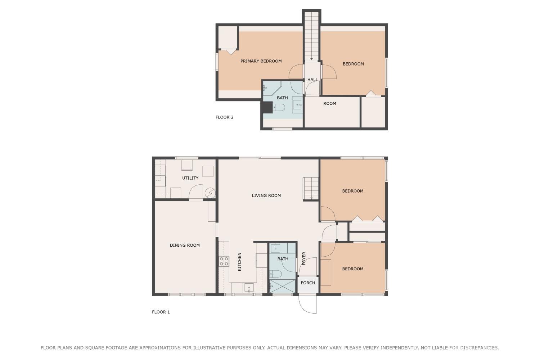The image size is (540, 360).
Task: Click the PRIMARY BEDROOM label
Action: pos(261,61)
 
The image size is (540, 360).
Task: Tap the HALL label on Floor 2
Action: pos(312,80)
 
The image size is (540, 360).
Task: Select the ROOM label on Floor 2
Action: pos(329,104)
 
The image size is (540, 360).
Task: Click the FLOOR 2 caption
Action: pos(224,117)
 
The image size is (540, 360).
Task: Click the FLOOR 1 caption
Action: pos(161,312)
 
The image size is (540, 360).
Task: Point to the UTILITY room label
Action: pos(190,178)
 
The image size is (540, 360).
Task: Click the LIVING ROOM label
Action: pos(266,196)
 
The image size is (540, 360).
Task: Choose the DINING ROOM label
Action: pos(185,246)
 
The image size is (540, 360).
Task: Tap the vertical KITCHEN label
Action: pos(239,262)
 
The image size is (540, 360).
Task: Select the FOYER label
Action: pos(304,258)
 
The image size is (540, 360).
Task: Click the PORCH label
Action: pos(308,283)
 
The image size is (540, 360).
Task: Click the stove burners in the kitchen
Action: pos(224,261)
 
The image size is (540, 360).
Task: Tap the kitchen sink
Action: pos(249,288)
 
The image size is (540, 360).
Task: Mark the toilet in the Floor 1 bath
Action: pos(276,274)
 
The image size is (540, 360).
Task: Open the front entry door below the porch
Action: pos(308,304)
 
